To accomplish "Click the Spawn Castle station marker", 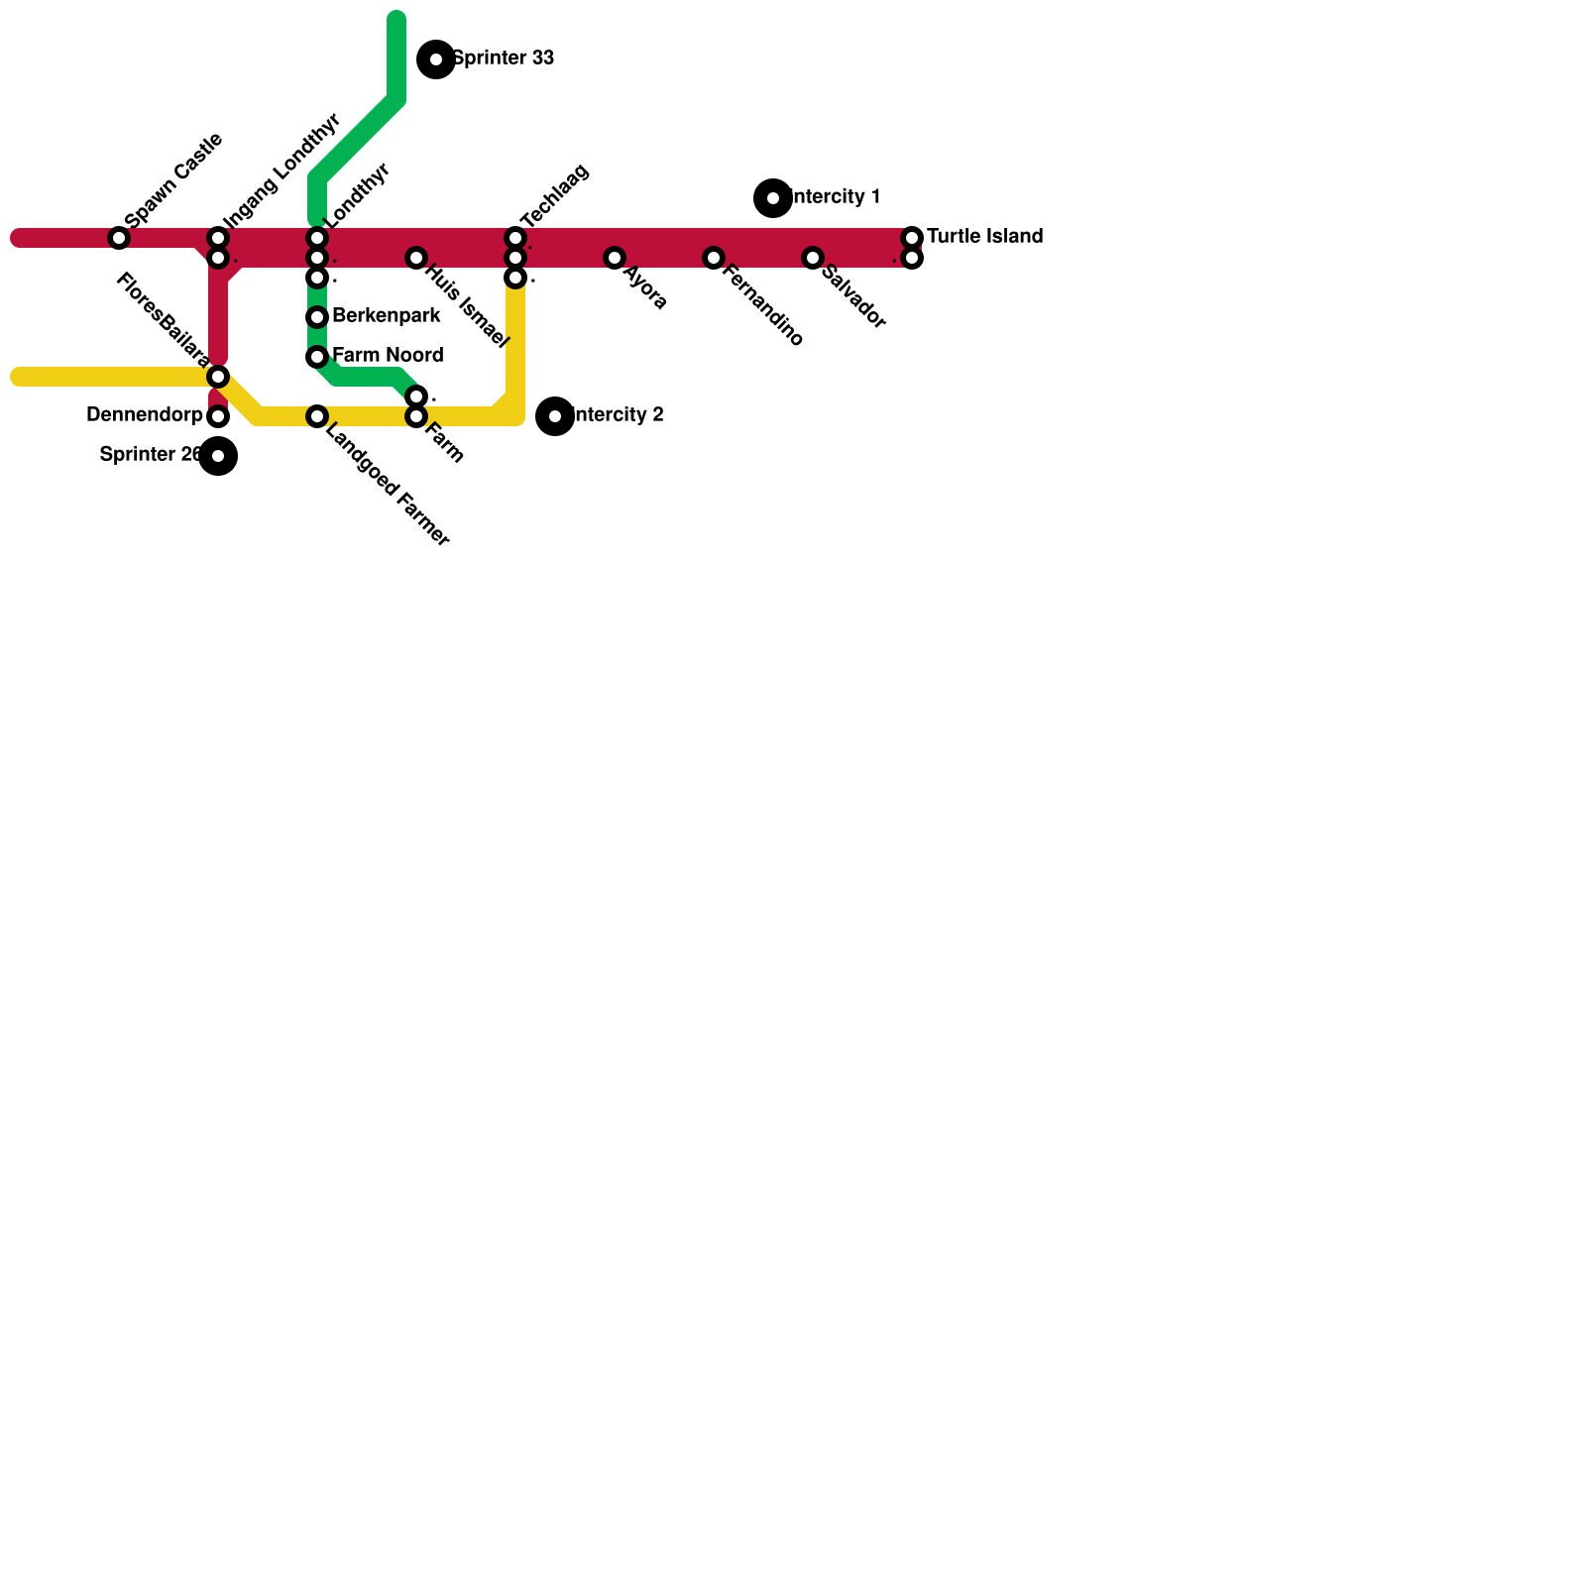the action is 119,238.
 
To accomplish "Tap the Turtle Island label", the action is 984,237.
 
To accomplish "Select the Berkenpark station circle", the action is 317,317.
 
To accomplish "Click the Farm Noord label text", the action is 388,356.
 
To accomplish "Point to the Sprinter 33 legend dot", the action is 436,59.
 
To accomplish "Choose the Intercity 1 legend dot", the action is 773,198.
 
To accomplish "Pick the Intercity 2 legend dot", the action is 555,416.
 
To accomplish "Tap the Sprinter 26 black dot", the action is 218,456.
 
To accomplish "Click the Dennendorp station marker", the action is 218,416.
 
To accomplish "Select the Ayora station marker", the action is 615,258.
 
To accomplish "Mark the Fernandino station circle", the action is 714,258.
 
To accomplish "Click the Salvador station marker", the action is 813,258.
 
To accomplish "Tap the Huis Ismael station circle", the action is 416,258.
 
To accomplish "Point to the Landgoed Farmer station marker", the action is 317,416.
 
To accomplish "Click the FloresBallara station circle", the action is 218,377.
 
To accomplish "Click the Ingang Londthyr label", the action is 283,170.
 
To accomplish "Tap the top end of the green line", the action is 396,18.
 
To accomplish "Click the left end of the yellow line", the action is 18,377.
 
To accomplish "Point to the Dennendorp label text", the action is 145,415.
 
